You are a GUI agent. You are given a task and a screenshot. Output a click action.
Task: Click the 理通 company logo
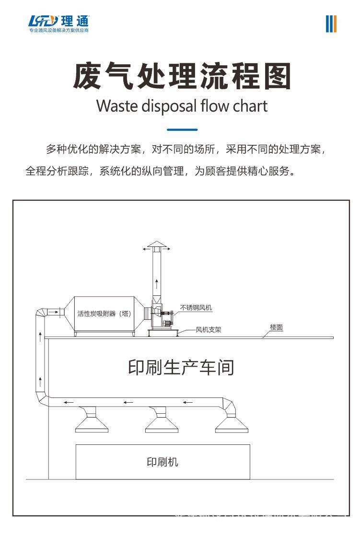point(58,23)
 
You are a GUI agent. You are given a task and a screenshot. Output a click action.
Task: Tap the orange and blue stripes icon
point(331,23)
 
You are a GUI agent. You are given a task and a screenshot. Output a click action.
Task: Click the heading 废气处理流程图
point(182,76)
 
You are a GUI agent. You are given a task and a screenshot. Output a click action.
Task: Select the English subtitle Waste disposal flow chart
point(182,105)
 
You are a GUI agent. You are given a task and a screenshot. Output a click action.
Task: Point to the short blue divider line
point(182,129)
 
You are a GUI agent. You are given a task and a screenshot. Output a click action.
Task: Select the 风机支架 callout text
point(209,330)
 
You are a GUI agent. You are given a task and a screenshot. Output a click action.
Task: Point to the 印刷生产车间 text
point(181,367)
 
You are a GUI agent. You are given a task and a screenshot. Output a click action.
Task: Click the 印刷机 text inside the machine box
point(162,462)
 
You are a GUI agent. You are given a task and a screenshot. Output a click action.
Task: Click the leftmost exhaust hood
point(92,421)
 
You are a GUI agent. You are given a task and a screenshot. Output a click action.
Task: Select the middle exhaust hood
point(162,421)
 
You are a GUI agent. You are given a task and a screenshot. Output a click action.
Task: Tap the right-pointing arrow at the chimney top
point(168,249)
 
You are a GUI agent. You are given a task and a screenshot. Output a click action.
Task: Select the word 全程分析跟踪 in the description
point(57,171)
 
